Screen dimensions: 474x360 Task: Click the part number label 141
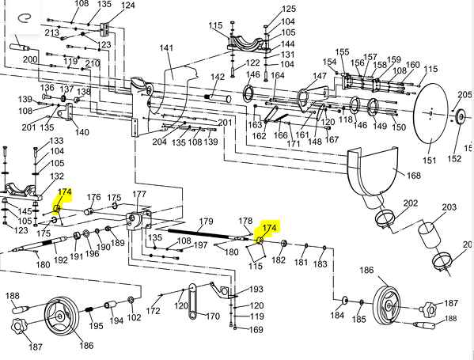166,48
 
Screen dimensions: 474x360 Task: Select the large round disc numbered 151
430,113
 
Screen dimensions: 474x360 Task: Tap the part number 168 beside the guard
414,176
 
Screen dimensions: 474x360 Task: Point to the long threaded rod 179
201,234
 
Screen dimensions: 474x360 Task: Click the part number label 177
139,194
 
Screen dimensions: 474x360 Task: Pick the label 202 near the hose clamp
411,203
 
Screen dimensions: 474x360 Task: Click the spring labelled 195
89,309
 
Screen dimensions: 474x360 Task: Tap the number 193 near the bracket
256,290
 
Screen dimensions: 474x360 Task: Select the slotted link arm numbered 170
192,301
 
